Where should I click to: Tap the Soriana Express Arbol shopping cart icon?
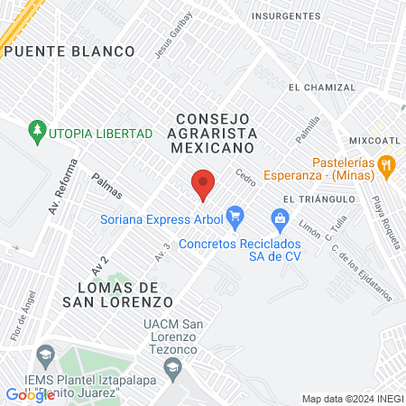[x=235, y=216]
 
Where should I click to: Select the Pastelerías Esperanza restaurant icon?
[x=387, y=164]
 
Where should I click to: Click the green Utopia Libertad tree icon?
[x=37, y=133]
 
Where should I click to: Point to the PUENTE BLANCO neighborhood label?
[x=69, y=51]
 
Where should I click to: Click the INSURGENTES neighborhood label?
[x=286, y=16]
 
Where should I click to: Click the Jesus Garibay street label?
[x=173, y=34]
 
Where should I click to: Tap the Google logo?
[x=30, y=394]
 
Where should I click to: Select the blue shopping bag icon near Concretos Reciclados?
[x=280, y=217]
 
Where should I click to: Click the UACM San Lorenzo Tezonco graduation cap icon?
[x=171, y=365]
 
